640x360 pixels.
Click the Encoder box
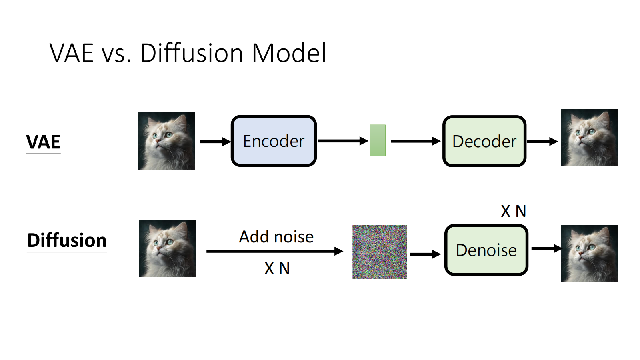click(274, 141)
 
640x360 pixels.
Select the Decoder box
click(484, 141)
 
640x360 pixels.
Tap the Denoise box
click(486, 250)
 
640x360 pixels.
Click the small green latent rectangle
click(377, 140)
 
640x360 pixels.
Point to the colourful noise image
click(379, 252)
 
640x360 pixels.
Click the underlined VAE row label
click(43, 142)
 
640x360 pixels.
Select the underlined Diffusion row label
click(67, 241)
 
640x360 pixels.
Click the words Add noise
click(276, 237)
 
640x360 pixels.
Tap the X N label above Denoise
click(513, 211)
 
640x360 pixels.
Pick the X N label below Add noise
click(277, 268)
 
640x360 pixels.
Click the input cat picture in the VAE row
click(166, 141)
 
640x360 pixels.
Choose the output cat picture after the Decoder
click(589, 138)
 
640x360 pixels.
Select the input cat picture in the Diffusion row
click(167, 248)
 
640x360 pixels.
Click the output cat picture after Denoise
click(589, 253)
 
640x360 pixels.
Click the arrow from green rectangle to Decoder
click(415, 141)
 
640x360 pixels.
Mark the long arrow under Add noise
click(274, 251)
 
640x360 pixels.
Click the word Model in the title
click(289, 53)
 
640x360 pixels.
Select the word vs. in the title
click(116, 54)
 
